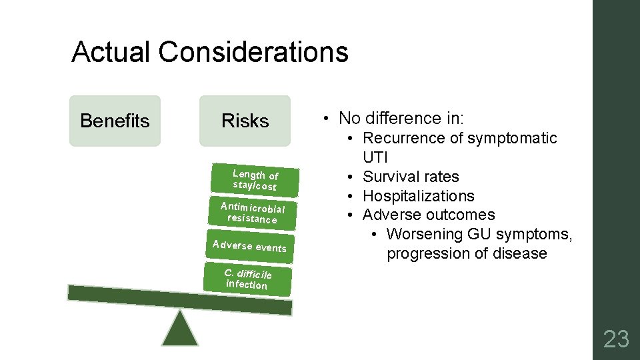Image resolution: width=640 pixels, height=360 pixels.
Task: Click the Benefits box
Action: point(115,121)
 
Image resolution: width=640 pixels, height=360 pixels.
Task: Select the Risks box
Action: point(245,121)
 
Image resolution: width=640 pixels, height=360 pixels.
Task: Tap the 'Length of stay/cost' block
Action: point(255,180)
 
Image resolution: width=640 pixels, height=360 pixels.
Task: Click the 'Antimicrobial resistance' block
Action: point(252,212)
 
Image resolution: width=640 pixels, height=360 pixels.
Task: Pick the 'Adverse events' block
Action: point(249,246)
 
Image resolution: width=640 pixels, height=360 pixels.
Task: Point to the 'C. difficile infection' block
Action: point(247,279)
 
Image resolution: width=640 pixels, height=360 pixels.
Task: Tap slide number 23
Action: point(615,339)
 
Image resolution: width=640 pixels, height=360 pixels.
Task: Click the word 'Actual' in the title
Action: point(111,52)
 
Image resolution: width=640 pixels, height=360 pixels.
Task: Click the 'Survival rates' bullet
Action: point(410,177)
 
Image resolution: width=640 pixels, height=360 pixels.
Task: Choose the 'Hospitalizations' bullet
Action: point(418,196)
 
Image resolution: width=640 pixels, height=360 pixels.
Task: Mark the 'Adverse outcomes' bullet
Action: point(429,215)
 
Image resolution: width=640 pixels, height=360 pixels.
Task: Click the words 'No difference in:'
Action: point(401,119)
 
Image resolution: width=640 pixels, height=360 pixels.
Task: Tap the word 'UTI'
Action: point(375,157)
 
